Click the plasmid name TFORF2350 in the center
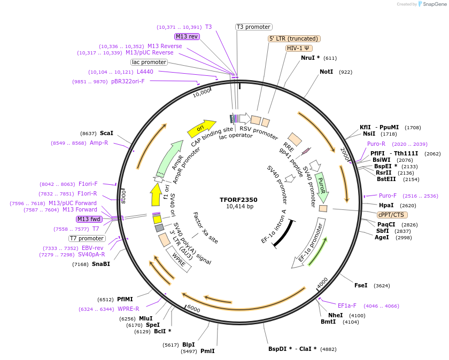pos(238,199)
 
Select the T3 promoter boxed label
pos(254,27)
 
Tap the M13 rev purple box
pos(187,36)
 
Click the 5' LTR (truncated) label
pos(294,38)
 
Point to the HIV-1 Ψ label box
pos(299,48)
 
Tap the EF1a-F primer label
pos(347,306)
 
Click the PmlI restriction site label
pos(207,351)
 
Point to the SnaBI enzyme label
pos(100,264)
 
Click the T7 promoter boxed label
pos(87,238)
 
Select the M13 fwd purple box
pos(89,219)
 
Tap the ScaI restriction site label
pos(106,133)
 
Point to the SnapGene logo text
pos(433,4)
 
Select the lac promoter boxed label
pos(149,62)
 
